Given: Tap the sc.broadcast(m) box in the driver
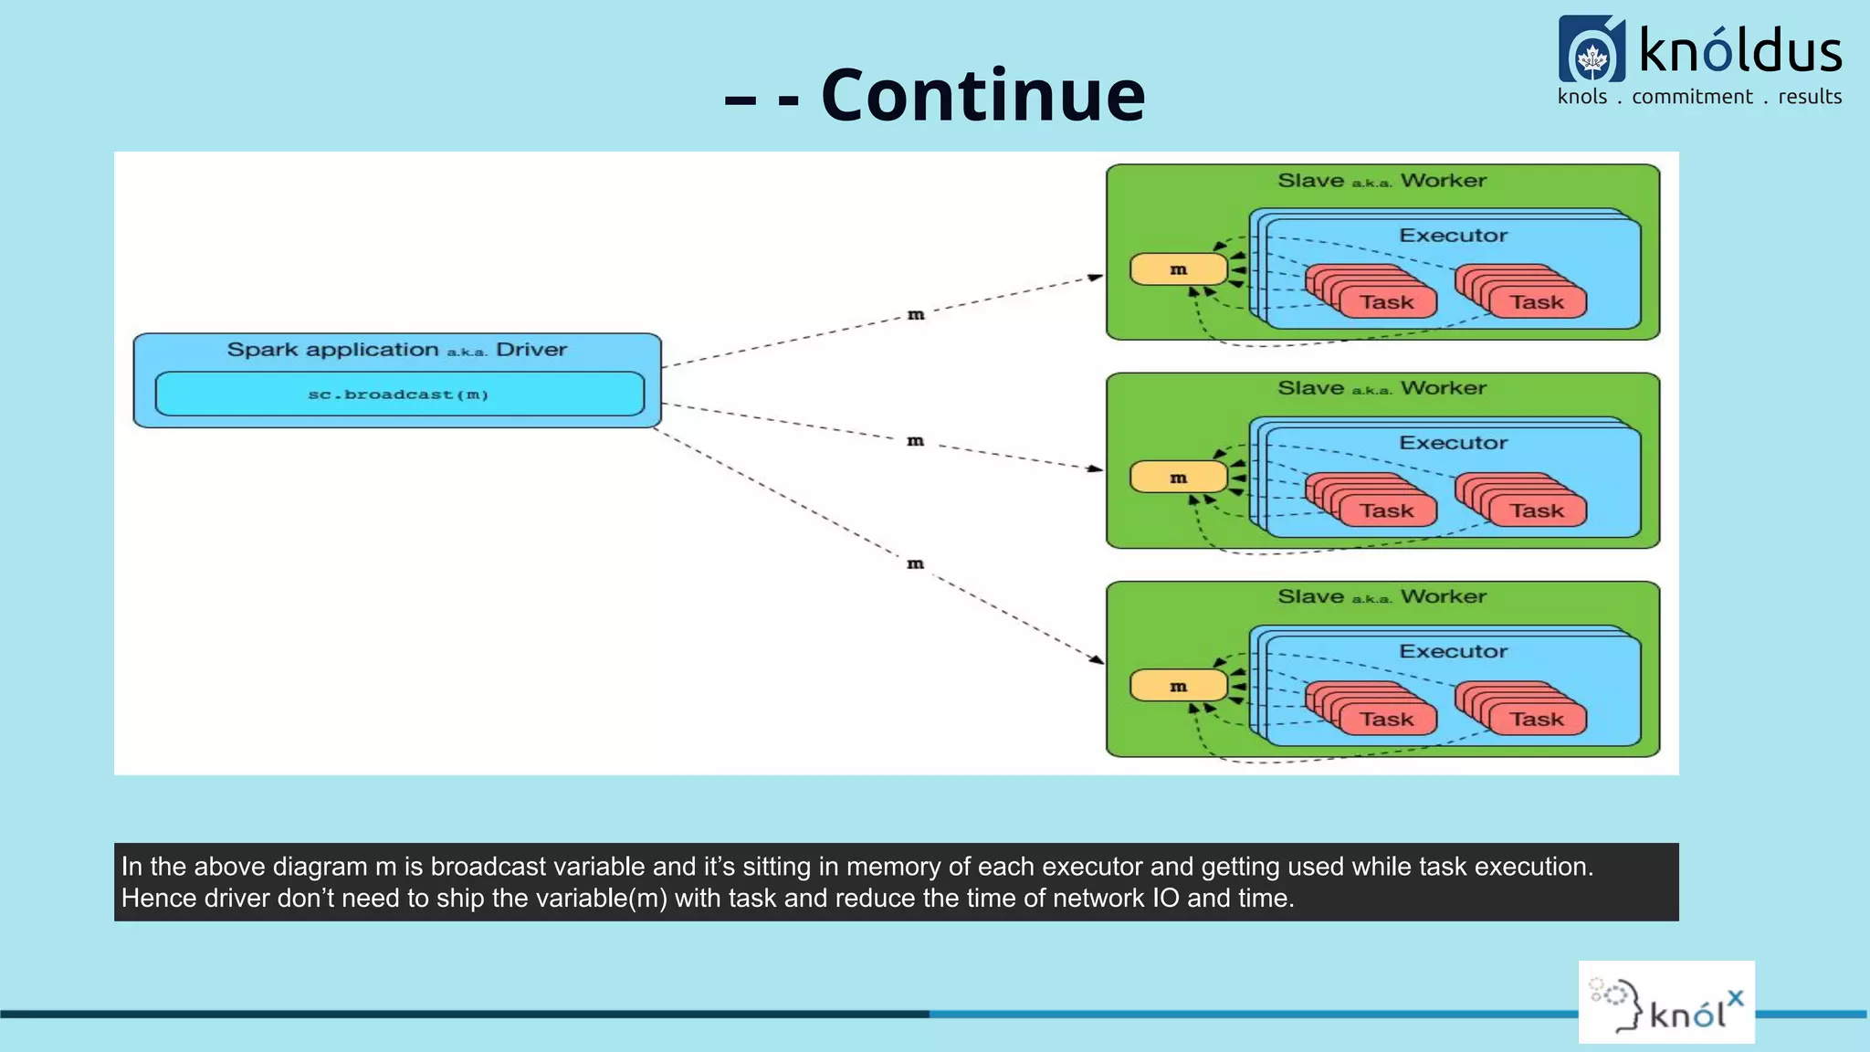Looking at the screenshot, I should click(399, 394).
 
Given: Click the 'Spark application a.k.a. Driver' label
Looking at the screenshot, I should click(396, 350).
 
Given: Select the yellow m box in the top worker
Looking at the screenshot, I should click(1178, 269).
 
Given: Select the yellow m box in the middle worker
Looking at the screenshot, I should click(1178, 478).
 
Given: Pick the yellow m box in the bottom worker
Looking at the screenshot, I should click(1178, 686).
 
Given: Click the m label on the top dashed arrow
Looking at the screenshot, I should click(916, 315).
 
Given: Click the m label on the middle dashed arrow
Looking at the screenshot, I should click(915, 441).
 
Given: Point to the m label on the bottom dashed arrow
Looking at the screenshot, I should click(915, 564).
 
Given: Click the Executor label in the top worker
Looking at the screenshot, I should click(1453, 236).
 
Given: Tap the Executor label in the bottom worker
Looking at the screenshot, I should click(1453, 651).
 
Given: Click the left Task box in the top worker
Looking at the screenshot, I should click(1386, 302).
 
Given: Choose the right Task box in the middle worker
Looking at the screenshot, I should click(1536, 510).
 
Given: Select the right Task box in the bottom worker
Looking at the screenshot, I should click(1536, 719).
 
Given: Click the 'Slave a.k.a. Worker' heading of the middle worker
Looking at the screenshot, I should click(1381, 388).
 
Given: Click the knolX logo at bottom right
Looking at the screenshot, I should click(1666, 1003).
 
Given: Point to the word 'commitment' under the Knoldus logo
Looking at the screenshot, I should click(1692, 97).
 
